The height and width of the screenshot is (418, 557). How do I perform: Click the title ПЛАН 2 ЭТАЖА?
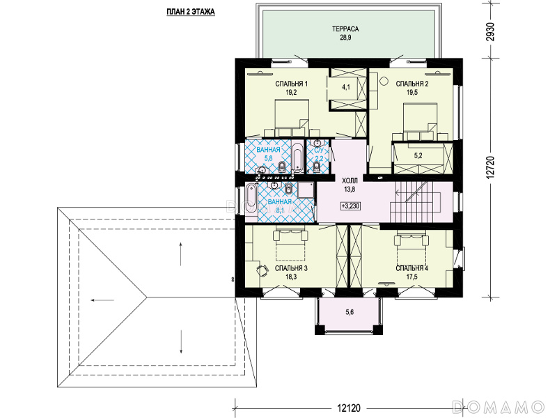pyautogui.click(x=191, y=12)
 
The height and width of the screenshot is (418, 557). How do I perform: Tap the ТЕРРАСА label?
pyautogui.click(x=345, y=29)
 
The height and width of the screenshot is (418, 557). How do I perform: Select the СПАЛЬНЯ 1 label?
pyautogui.click(x=291, y=84)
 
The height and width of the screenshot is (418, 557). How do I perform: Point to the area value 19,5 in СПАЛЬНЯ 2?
pyautogui.click(x=412, y=93)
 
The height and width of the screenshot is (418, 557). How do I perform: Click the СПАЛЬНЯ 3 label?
pyautogui.click(x=291, y=268)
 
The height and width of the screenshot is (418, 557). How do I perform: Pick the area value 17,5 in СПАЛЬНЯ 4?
pyautogui.click(x=412, y=277)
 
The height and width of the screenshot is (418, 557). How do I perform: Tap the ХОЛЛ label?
pyautogui.click(x=350, y=181)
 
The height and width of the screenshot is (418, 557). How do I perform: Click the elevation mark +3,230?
pyautogui.click(x=351, y=206)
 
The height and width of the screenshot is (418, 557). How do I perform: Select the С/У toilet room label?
pyautogui.click(x=319, y=150)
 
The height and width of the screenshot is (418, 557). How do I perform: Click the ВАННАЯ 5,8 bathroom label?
pyautogui.click(x=268, y=154)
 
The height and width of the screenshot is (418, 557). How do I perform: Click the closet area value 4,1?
pyautogui.click(x=346, y=86)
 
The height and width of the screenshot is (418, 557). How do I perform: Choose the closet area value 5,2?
pyautogui.click(x=418, y=155)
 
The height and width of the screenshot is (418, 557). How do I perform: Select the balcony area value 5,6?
pyautogui.click(x=350, y=312)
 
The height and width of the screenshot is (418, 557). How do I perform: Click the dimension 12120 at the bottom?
pyautogui.click(x=349, y=408)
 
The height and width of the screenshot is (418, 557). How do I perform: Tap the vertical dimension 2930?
pyautogui.click(x=491, y=32)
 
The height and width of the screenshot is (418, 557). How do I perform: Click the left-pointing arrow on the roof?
pyautogui.click(x=102, y=300)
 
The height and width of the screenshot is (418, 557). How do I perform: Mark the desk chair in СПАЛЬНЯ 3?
pyautogui.click(x=263, y=270)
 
